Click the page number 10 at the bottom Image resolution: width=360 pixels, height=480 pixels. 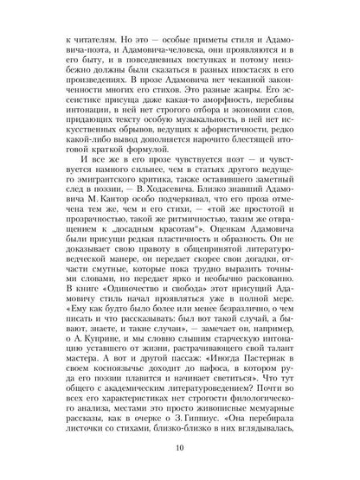click(179, 447)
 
